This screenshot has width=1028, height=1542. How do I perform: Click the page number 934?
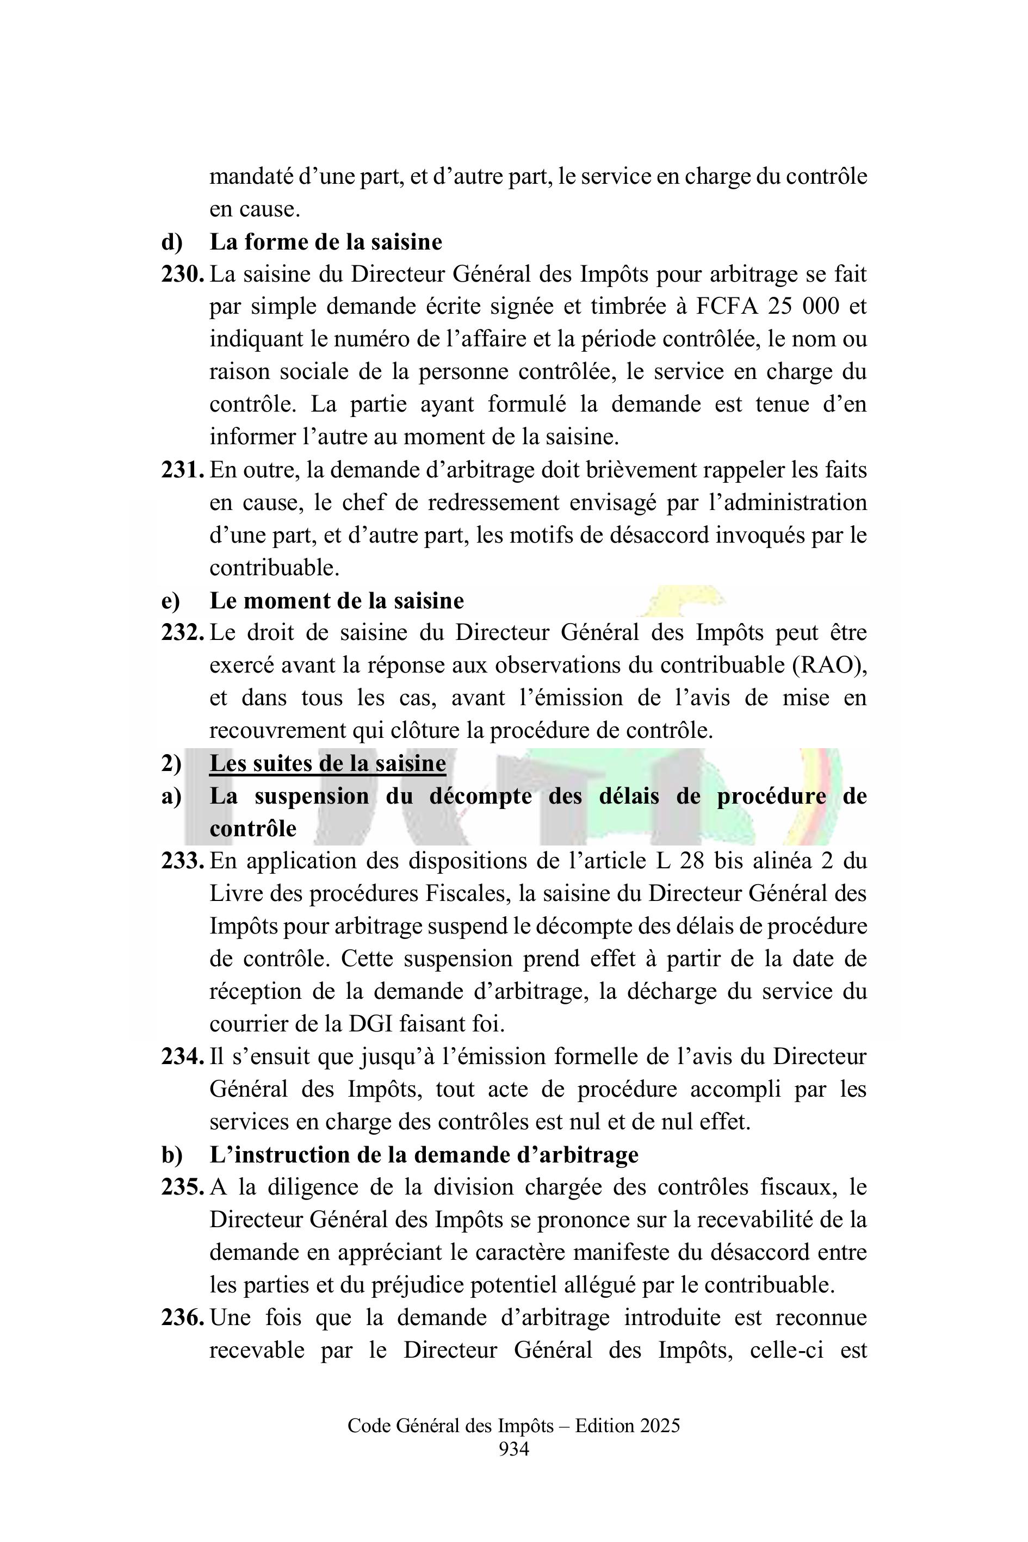pyautogui.click(x=514, y=1448)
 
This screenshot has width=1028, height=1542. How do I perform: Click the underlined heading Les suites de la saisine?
pyautogui.click(x=327, y=763)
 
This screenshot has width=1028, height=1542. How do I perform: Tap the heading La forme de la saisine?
pyautogui.click(x=326, y=242)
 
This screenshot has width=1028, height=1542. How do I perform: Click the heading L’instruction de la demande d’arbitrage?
pyautogui.click(x=424, y=1155)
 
